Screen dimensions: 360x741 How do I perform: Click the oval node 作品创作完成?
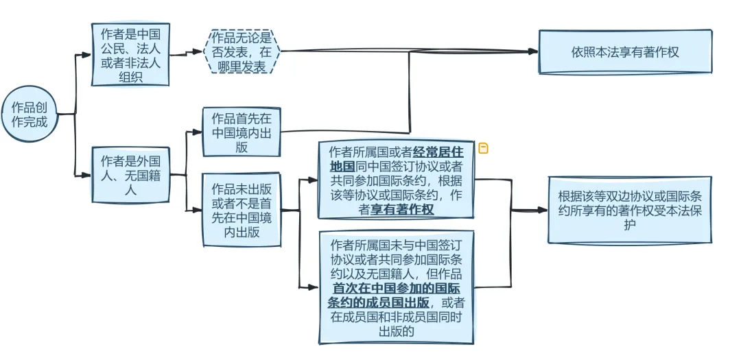(29, 114)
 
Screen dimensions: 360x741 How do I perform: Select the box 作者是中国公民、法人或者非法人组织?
(130, 54)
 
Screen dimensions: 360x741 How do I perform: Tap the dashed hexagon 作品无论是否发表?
(242, 51)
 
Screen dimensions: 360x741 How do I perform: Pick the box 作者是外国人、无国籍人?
(130, 174)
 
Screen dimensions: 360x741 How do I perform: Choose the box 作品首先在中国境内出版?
(242, 132)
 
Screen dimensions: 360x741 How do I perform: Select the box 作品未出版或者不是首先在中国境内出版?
(242, 209)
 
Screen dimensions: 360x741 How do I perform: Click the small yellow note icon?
(483, 148)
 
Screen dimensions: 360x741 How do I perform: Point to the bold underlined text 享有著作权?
(402, 209)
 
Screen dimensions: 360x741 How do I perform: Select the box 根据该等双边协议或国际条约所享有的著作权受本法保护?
(629, 209)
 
